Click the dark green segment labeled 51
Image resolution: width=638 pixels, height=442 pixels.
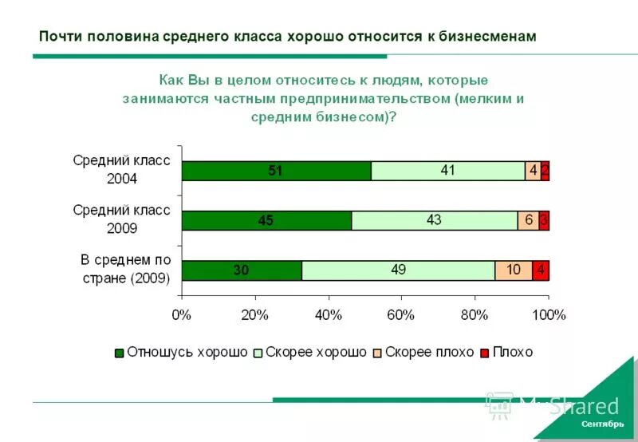[276, 171]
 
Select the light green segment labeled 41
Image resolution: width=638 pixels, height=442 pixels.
[448, 171]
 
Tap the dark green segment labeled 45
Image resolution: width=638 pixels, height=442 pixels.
[266, 221]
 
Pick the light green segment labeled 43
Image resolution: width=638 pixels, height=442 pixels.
[435, 221]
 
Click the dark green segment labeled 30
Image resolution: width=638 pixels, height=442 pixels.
[242, 270]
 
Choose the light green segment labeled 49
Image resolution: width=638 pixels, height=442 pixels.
[398, 270]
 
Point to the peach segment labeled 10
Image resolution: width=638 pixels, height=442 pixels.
[514, 270]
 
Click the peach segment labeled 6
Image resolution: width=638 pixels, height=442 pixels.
[528, 221]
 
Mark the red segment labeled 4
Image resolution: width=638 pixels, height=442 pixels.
[541, 270]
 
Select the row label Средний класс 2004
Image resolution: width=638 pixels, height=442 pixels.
[122, 170]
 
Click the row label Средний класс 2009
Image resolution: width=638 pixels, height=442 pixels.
[122, 219]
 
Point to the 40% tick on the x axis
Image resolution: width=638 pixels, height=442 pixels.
[328, 314]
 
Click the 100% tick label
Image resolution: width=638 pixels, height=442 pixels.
[548, 314]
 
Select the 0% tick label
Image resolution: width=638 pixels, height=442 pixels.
[182, 314]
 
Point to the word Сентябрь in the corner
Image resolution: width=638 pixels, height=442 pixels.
[603, 424]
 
